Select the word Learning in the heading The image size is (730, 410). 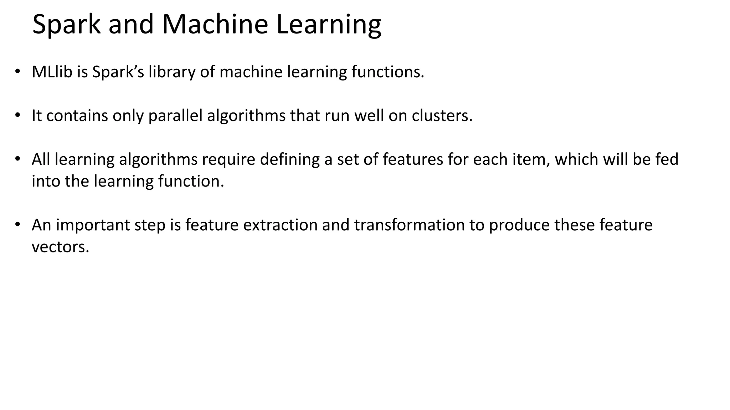click(328, 25)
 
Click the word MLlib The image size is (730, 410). click(52, 72)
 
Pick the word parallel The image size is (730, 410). click(175, 116)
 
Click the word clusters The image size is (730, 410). click(442, 115)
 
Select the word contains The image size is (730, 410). click(77, 115)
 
